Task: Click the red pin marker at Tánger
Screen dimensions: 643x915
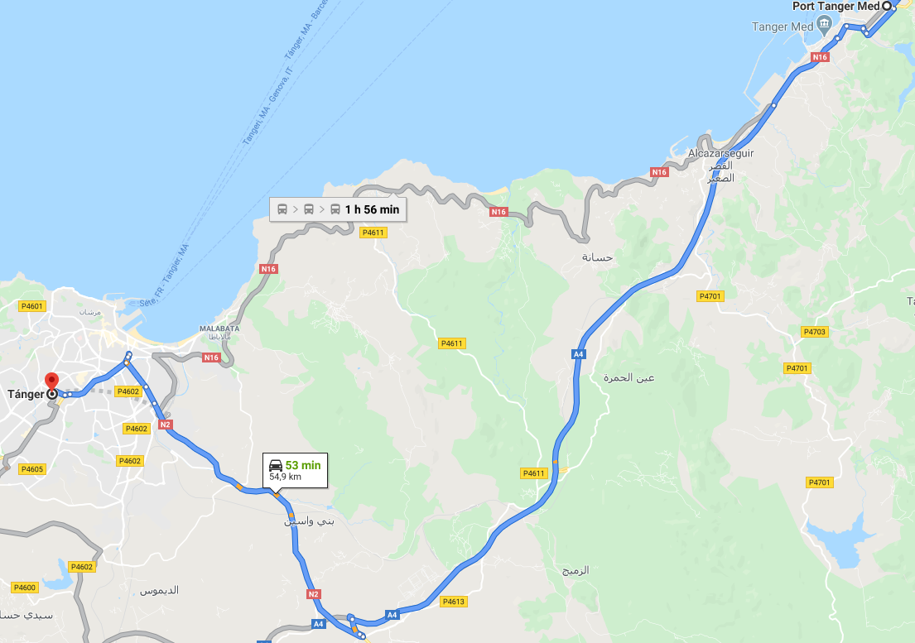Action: point(51,382)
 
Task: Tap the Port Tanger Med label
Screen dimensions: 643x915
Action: point(836,6)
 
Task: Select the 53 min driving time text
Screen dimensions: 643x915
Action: point(302,465)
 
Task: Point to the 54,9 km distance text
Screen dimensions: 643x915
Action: point(285,477)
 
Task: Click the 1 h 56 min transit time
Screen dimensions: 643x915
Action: point(372,210)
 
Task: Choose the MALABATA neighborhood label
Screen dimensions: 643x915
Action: point(219,329)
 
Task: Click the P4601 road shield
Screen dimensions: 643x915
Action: point(31,306)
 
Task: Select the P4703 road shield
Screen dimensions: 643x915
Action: point(814,332)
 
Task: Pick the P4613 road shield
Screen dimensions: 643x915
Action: point(454,602)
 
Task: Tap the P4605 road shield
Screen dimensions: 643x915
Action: point(31,469)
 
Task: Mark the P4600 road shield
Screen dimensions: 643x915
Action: point(25,588)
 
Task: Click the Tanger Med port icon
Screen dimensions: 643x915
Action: point(824,25)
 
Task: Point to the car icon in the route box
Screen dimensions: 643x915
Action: point(276,465)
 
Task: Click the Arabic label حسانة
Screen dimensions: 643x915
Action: point(596,257)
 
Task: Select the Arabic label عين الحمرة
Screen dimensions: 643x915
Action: point(634,378)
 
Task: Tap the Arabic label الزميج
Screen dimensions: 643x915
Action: point(575,571)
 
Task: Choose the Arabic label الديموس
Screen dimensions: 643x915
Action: point(159,591)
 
